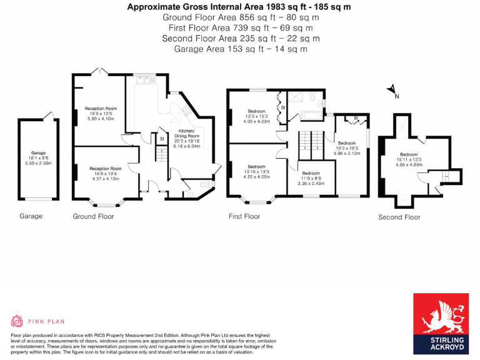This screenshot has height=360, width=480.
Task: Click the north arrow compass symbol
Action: click(x=392, y=91)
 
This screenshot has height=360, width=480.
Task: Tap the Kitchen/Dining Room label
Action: click(x=187, y=140)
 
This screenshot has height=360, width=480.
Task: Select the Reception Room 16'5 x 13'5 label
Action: click(x=101, y=113)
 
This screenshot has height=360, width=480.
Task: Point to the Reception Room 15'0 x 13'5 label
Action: click(x=105, y=173)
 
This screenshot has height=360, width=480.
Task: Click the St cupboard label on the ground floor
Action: click(x=161, y=139)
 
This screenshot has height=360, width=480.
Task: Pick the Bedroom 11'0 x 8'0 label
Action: click(x=309, y=177)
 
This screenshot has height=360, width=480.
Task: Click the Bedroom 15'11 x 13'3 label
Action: click(x=409, y=159)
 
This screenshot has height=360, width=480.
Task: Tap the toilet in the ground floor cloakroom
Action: click(x=204, y=185)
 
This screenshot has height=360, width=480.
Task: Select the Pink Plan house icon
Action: click(x=16, y=321)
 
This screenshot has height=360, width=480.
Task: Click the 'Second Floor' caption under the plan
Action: click(x=399, y=217)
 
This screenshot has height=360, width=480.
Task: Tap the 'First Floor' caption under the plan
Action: click(x=244, y=216)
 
